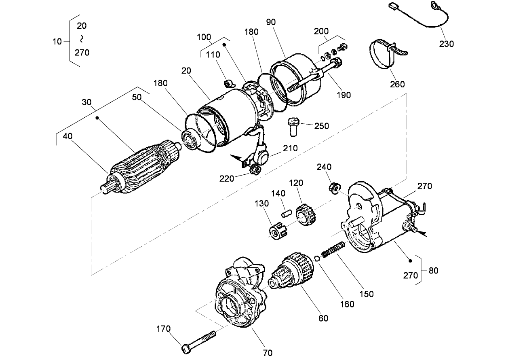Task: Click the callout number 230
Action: click(x=447, y=44)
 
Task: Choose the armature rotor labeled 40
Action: click(x=141, y=166)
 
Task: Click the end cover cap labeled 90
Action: click(x=297, y=81)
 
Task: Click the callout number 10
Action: click(x=57, y=41)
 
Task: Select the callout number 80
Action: click(x=433, y=271)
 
